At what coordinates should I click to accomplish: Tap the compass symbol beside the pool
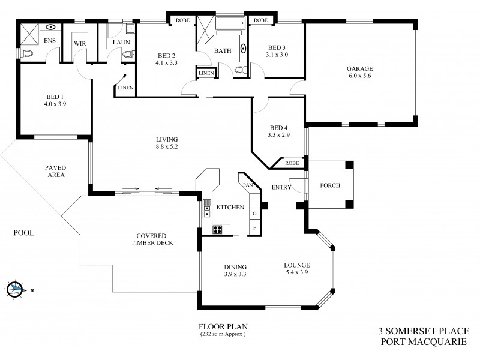pyautogui.click(x=16, y=289)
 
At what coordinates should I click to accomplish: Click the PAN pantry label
pyautogui.click(x=247, y=185)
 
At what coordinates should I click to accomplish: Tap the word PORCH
pyautogui.click(x=329, y=185)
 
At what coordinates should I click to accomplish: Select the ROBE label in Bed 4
pyautogui.click(x=292, y=163)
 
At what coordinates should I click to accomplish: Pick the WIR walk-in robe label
pyautogui.click(x=79, y=44)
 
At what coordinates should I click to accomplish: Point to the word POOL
pyautogui.click(x=25, y=232)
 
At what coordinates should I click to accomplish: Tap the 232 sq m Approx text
pyautogui.click(x=223, y=334)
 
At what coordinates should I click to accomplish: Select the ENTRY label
pyautogui.click(x=281, y=187)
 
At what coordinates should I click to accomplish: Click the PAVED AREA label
pyautogui.click(x=58, y=171)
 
